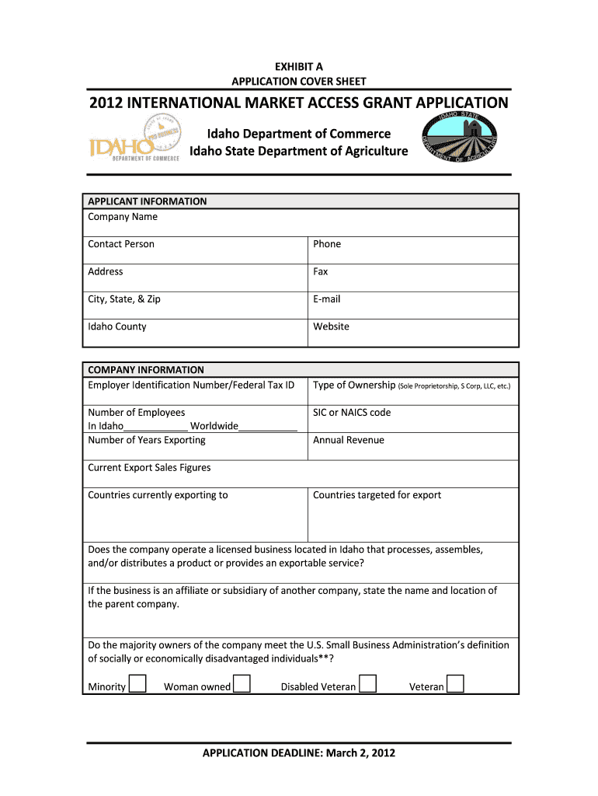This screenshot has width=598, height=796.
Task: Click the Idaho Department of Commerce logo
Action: tap(134, 140)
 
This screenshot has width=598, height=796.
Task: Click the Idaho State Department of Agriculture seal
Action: tap(459, 138)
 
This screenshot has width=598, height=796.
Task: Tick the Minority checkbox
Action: tap(137, 684)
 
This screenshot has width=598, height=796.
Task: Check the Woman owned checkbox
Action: tap(242, 684)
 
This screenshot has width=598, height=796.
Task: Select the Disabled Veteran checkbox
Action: tap(367, 684)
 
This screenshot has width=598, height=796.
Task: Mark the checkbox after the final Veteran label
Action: tap(456, 684)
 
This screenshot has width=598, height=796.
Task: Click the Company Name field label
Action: tap(123, 217)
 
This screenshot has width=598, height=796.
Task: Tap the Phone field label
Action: tap(327, 244)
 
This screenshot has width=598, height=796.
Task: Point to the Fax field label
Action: tap(321, 271)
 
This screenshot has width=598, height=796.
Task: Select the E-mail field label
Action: tap(326, 299)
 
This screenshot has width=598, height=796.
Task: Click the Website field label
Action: tap(331, 326)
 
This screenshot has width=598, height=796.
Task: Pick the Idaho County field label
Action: tap(117, 326)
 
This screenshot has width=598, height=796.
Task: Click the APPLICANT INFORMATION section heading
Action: tap(148, 201)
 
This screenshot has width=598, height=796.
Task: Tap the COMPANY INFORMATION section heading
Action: tap(146, 370)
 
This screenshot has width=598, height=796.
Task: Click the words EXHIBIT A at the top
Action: tap(299, 66)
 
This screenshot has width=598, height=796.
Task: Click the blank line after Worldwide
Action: tap(268, 427)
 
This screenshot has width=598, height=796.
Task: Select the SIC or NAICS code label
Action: tap(352, 413)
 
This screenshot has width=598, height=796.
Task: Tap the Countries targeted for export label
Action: tap(377, 495)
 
